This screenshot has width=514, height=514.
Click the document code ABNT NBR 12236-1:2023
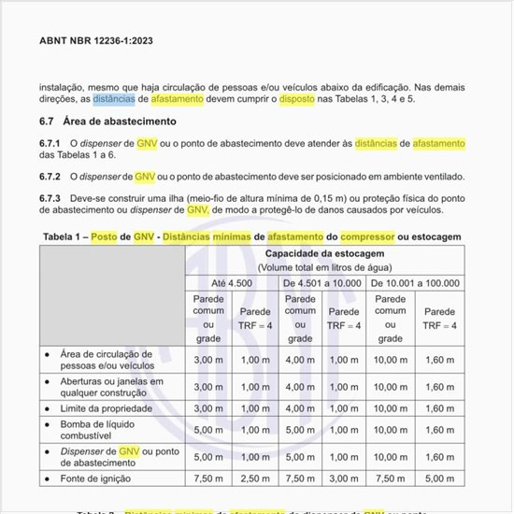click(96, 41)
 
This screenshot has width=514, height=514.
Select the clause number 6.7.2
click(50, 177)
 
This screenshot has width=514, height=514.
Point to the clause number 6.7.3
click(50, 198)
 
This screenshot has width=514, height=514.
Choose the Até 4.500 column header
click(232, 283)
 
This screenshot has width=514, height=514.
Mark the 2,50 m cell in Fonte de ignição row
click(254, 479)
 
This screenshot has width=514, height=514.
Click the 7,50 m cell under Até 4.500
click(208, 479)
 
